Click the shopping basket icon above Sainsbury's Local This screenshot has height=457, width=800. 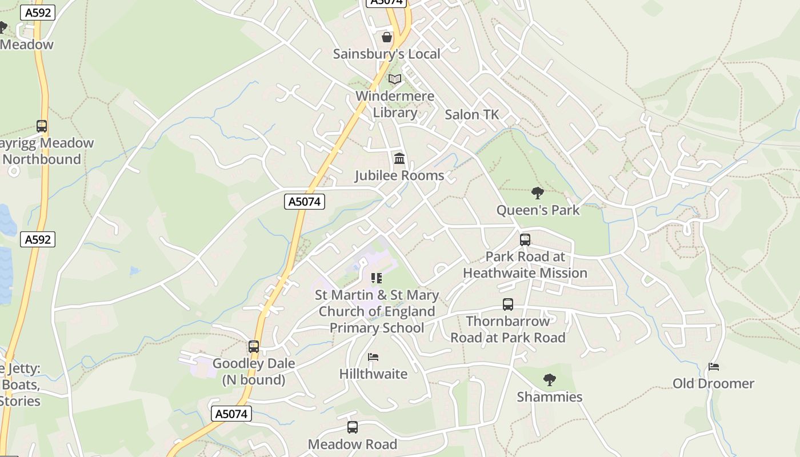387,38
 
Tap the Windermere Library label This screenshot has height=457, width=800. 395,104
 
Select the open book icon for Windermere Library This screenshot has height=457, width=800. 395,79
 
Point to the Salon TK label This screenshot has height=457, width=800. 472,114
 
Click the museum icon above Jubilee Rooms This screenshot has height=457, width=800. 399,158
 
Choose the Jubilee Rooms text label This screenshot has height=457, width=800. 399,175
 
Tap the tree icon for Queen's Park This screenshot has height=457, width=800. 538,193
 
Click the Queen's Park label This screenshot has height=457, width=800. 538,210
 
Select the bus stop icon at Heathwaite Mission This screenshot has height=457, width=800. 525,240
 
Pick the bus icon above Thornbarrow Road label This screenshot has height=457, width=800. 508,304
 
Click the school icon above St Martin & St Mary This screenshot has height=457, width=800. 377,278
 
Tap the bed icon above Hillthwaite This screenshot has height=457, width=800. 373,357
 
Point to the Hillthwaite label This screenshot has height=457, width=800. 373,374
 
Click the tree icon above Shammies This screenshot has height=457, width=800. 549,380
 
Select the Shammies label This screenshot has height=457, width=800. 549,397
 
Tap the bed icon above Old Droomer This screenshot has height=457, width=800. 713,367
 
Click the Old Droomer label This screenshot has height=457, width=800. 713,383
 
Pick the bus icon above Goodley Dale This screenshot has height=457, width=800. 254,347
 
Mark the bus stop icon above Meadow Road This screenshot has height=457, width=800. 353,427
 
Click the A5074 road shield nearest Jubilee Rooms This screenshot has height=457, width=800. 305,201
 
